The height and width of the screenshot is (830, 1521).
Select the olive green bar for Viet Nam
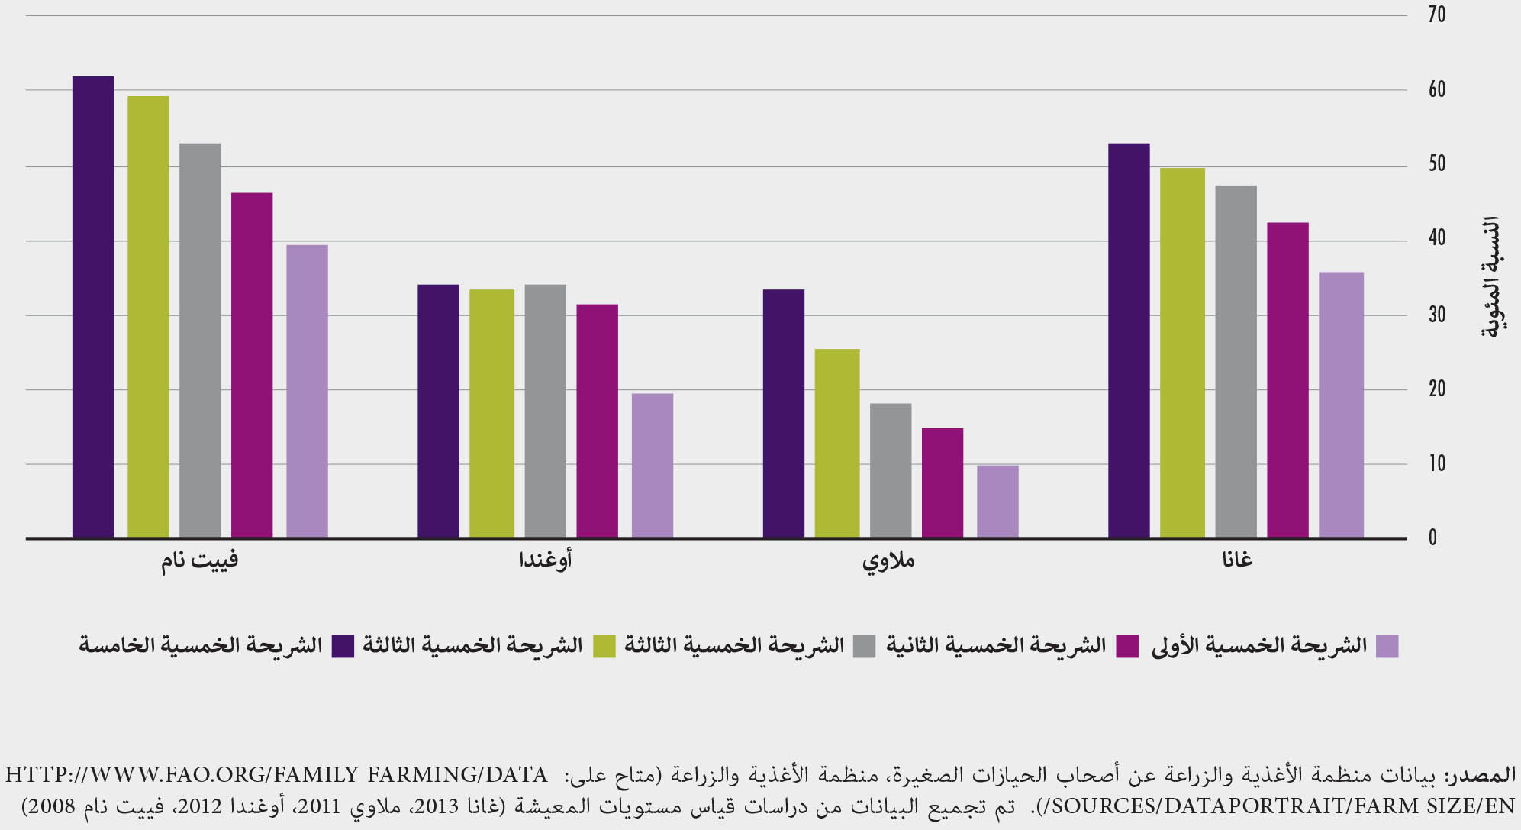tap(148, 317)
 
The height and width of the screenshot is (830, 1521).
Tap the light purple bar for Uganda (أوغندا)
tap(653, 465)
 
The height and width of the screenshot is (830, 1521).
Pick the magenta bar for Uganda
tap(597, 421)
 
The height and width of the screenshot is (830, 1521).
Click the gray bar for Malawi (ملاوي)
tap(891, 470)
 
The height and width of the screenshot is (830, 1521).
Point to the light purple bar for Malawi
tap(997, 501)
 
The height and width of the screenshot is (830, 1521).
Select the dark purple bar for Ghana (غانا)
tap(1129, 341)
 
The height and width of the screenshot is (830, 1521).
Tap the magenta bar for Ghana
tap(1287, 380)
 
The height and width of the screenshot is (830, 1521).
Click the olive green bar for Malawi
tap(837, 443)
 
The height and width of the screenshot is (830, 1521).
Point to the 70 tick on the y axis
tap(1436, 15)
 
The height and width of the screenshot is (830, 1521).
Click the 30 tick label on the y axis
tap(1436, 315)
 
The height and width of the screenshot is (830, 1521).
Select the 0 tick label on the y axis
tap(1432, 538)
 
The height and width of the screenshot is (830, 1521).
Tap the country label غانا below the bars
tap(1237, 560)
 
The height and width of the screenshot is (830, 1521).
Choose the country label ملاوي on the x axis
tap(889, 560)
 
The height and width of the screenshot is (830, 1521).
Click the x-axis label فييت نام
tap(200, 560)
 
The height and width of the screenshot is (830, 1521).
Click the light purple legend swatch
tap(1387, 647)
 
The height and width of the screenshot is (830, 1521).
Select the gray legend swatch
tap(865, 647)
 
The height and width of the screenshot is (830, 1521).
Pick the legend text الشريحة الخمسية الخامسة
tap(201, 645)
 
